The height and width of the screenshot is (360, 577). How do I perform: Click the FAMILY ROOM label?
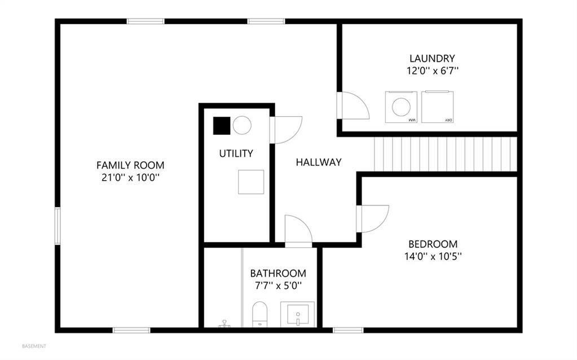click(x=130, y=165)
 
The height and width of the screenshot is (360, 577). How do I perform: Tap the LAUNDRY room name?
click(x=432, y=58)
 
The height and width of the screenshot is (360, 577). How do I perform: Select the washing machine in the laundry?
click(x=401, y=107)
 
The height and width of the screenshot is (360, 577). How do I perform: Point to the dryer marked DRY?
click(x=437, y=107)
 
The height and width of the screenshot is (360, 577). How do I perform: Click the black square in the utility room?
click(x=222, y=125)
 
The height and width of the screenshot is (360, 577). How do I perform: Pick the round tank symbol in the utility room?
click(x=242, y=125)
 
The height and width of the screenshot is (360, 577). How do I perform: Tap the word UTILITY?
click(x=236, y=153)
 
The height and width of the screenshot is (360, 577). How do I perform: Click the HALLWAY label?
click(x=319, y=162)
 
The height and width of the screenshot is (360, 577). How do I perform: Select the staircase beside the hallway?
click(x=446, y=154)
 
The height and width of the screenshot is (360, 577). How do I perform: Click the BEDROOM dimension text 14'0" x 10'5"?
click(x=433, y=256)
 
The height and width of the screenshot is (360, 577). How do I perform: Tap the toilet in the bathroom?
click(x=260, y=314)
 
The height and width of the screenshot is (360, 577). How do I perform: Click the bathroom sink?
click(x=298, y=314)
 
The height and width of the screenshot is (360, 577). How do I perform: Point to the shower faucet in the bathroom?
click(x=224, y=323)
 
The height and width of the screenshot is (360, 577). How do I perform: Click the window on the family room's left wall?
click(x=58, y=226)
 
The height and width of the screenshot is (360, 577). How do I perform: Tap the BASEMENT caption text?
click(x=34, y=346)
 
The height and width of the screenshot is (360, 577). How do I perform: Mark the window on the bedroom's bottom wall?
click(x=348, y=330)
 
